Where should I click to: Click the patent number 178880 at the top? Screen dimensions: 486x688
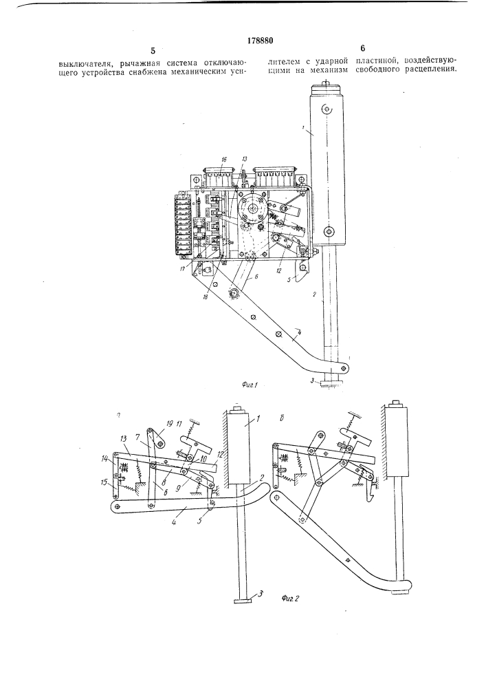[261, 41]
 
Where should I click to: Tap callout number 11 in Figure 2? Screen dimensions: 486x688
[179, 423]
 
